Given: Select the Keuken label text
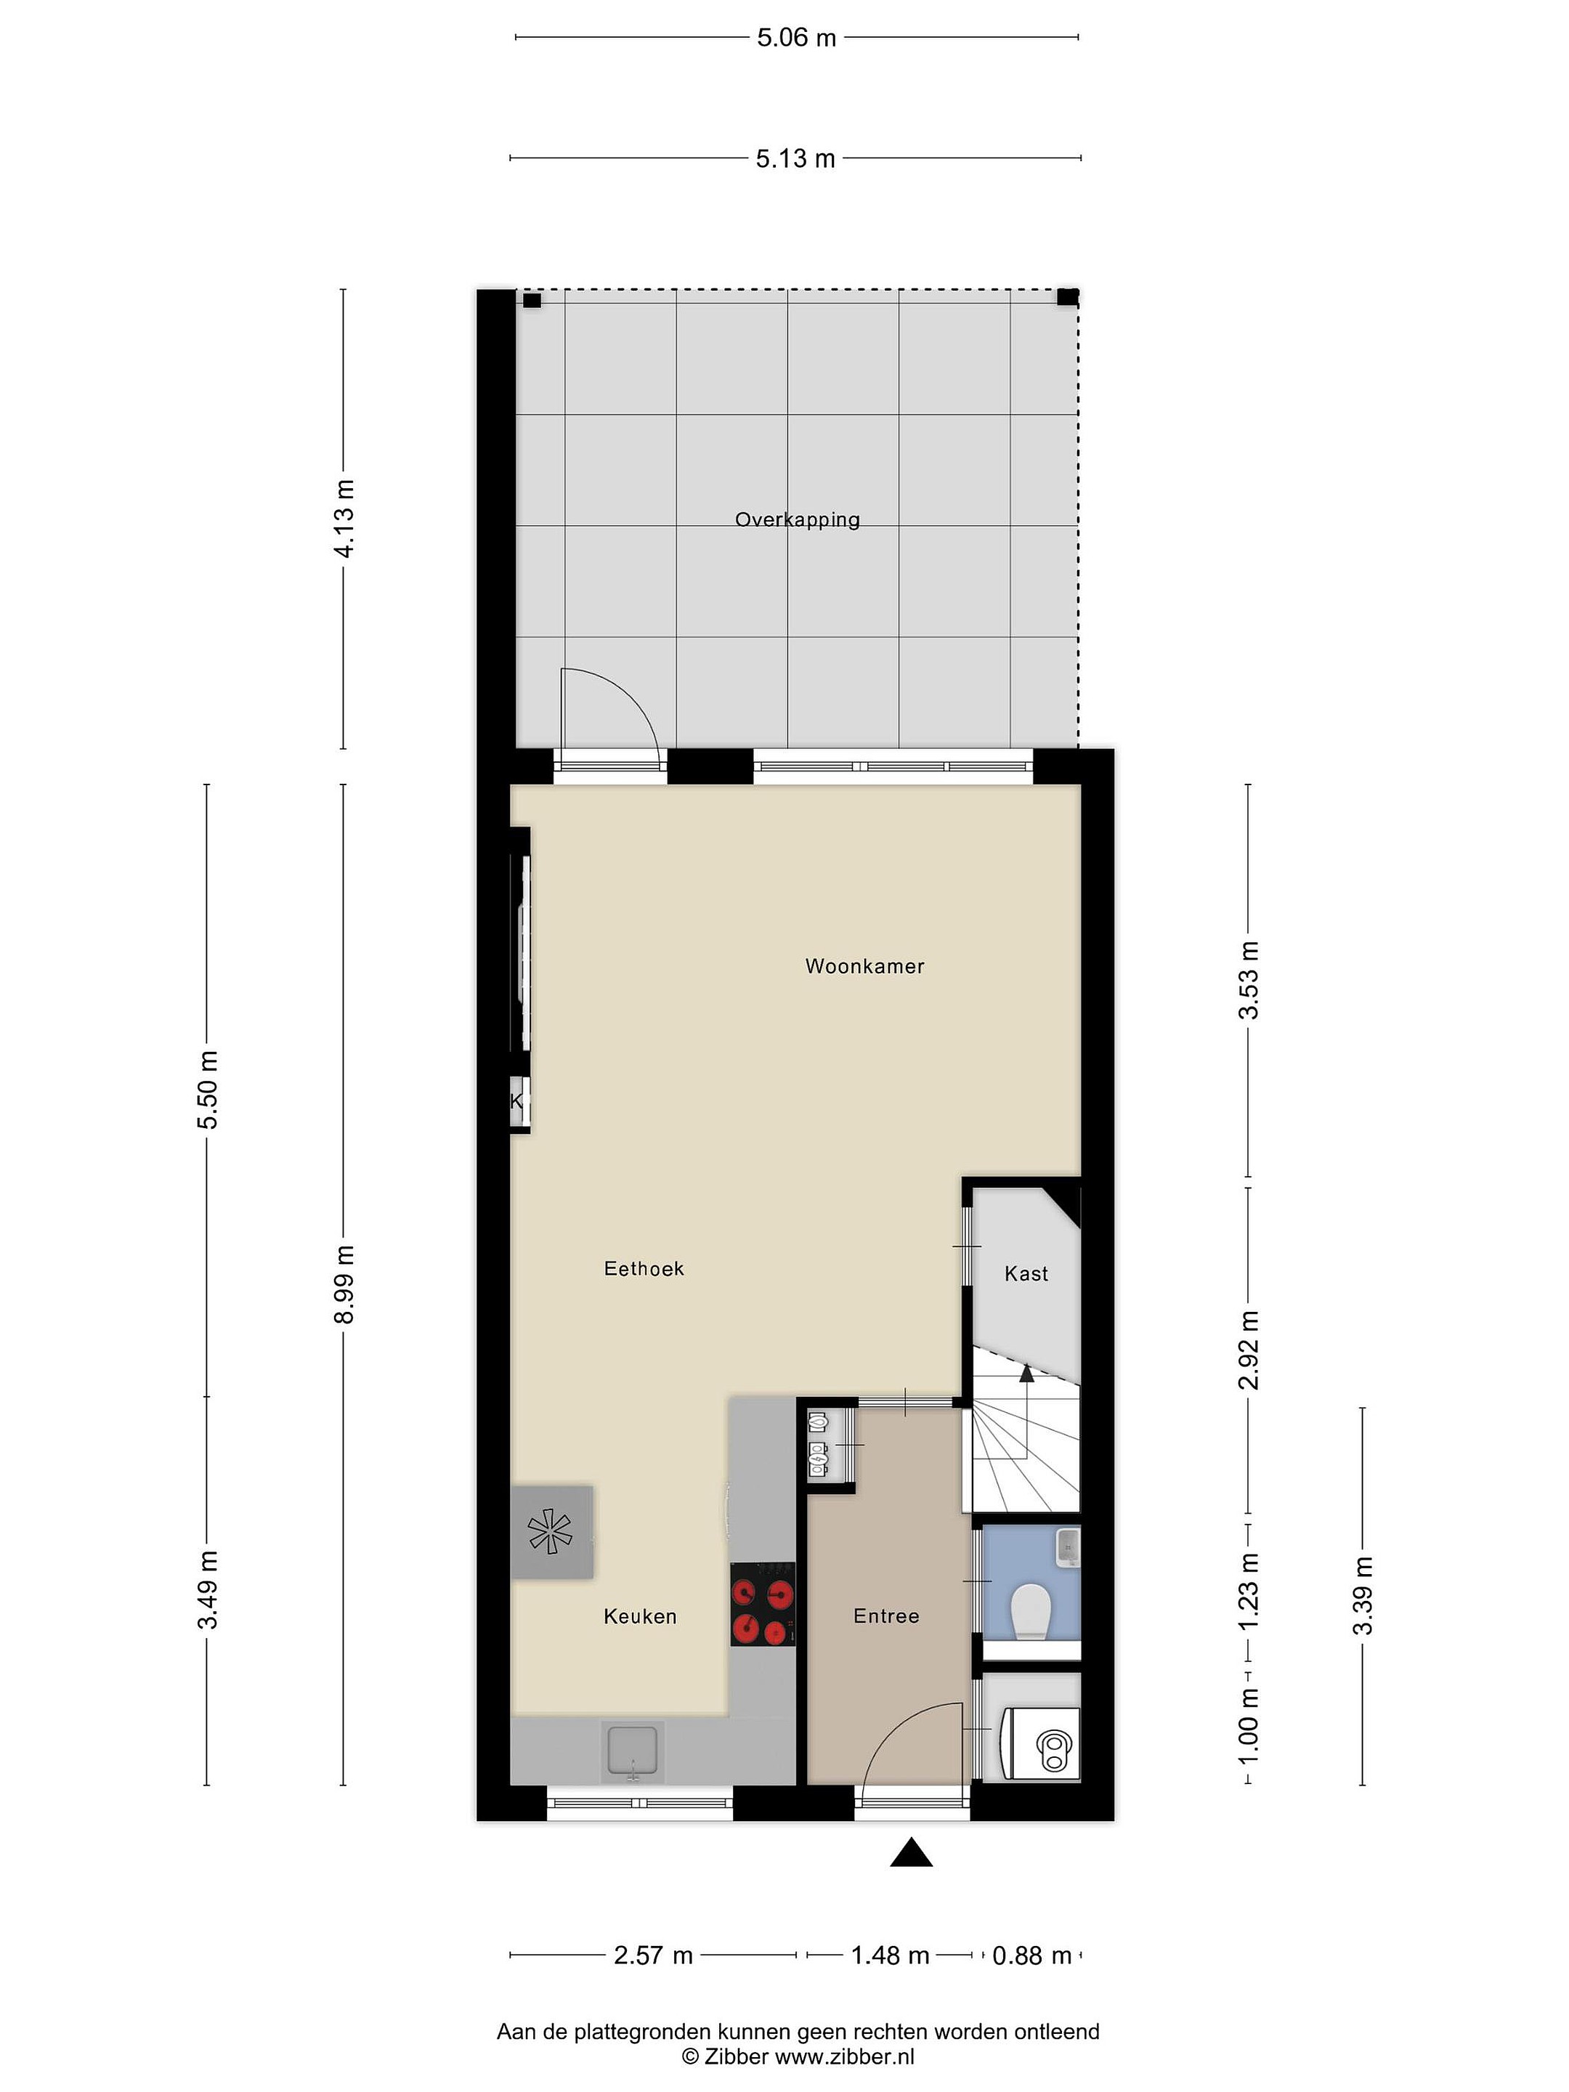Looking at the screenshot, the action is click(x=640, y=1616).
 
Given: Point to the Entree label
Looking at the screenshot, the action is click(x=886, y=1616).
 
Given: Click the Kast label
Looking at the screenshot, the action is click(x=1026, y=1274).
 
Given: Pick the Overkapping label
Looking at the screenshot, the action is click(x=798, y=520).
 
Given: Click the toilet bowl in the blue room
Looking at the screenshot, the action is click(x=1030, y=1612).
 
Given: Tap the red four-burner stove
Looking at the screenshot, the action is click(x=762, y=1604).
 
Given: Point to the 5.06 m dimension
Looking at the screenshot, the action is click(x=796, y=38).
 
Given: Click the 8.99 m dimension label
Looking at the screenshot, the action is click(x=344, y=1284).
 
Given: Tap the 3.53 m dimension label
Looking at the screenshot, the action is click(x=1249, y=980).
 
